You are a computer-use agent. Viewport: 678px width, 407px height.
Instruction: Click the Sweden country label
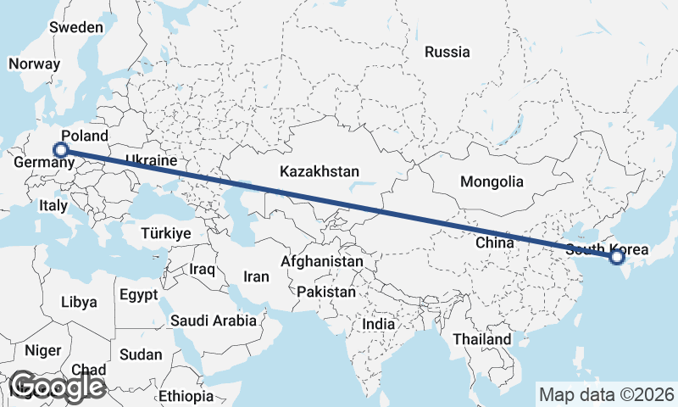tap(76, 27)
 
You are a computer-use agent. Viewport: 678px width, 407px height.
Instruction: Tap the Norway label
tap(34, 64)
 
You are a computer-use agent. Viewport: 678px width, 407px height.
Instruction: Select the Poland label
tap(85, 136)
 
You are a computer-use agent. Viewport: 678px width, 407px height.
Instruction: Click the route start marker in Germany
tap(60, 150)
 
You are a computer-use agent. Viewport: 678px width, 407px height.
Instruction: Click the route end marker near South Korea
tap(616, 257)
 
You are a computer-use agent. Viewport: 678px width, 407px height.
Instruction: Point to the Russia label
tap(447, 52)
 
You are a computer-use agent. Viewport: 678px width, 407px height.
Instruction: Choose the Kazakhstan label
tap(320, 171)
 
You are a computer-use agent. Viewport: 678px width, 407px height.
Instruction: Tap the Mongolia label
tap(492, 181)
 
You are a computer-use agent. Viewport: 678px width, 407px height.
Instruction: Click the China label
tap(495, 243)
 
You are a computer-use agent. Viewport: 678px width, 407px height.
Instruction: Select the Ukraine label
tap(150, 160)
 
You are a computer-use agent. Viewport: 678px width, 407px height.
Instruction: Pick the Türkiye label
tap(166, 233)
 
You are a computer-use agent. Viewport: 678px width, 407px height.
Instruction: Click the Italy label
tap(53, 205)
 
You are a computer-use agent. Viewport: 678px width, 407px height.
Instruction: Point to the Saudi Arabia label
tap(213, 321)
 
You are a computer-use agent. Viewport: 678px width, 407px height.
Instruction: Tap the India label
tap(378, 324)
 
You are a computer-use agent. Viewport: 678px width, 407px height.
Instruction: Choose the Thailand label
tap(481, 339)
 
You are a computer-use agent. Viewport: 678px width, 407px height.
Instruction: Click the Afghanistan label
tap(322, 262)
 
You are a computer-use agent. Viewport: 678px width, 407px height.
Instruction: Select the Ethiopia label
tap(186, 396)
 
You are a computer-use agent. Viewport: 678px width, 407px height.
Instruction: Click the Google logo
tap(57, 387)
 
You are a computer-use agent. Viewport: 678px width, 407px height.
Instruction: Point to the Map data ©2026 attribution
tap(607, 394)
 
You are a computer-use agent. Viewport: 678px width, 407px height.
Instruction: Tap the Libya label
tap(79, 302)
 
